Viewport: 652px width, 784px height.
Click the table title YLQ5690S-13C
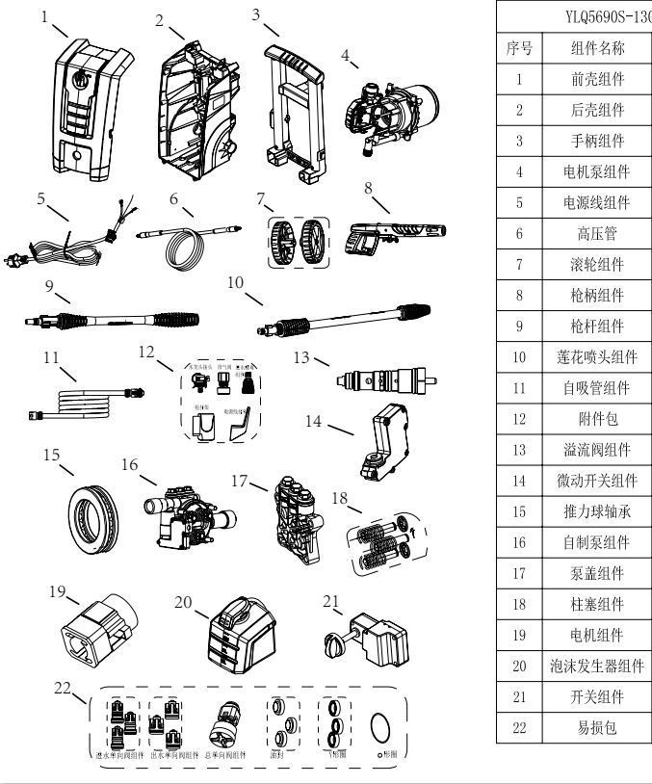597,16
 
